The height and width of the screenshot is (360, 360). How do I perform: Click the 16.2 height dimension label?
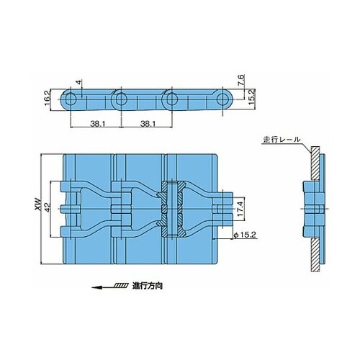(x=48, y=100)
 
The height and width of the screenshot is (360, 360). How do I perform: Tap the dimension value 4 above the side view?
(x=78, y=82)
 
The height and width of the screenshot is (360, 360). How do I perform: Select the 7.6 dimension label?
(x=241, y=81)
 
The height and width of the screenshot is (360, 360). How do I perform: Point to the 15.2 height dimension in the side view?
(x=251, y=97)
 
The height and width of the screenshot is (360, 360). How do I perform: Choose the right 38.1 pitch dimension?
(x=148, y=124)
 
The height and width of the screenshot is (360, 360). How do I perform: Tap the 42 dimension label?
(x=47, y=207)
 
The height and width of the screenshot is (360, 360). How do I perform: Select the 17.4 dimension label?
(x=240, y=208)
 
